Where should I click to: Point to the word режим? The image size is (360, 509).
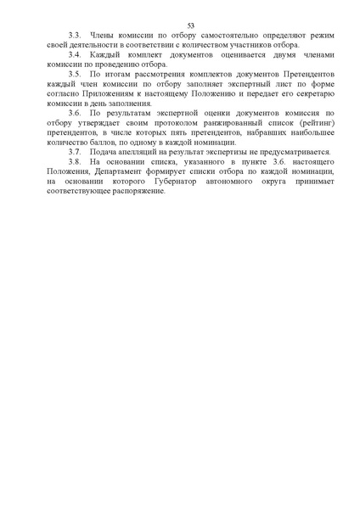tap(301, 40)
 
